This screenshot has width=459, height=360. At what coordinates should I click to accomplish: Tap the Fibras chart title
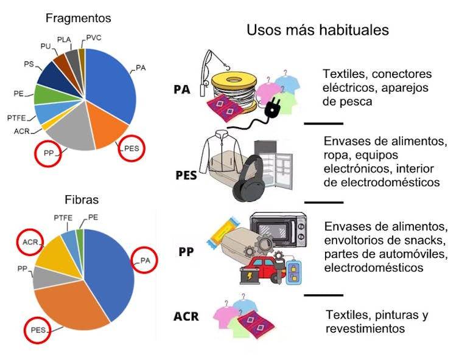tap(82, 199)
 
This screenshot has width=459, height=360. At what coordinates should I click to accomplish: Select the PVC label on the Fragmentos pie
tap(94, 38)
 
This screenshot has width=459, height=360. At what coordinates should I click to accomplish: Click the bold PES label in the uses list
tap(186, 176)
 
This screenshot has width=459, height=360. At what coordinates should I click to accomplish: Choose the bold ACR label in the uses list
tap(186, 317)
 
